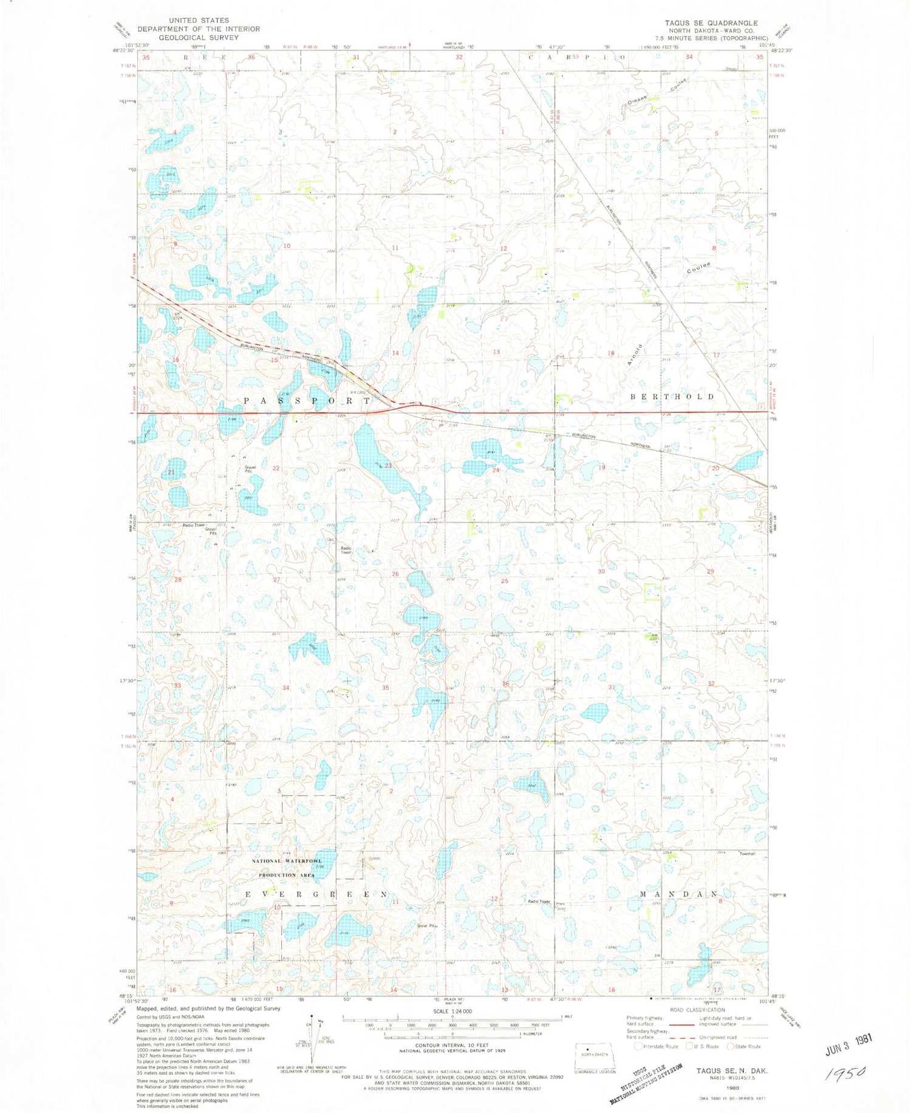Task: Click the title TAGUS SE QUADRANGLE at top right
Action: pyautogui.click(x=711, y=23)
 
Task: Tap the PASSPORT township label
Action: pyautogui.click(x=307, y=401)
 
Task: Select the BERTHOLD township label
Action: pyautogui.click(x=672, y=397)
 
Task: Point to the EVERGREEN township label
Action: pyautogui.click(x=316, y=895)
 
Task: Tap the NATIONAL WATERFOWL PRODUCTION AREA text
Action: pyautogui.click(x=287, y=868)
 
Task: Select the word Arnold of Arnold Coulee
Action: pyautogui.click(x=634, y=354)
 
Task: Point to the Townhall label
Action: pyautogui.click(x=746, y=854)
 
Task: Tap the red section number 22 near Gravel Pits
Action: pyautogui.click(x=276, y=468)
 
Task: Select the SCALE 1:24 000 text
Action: pyautogui.click(x=452, y=1012)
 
